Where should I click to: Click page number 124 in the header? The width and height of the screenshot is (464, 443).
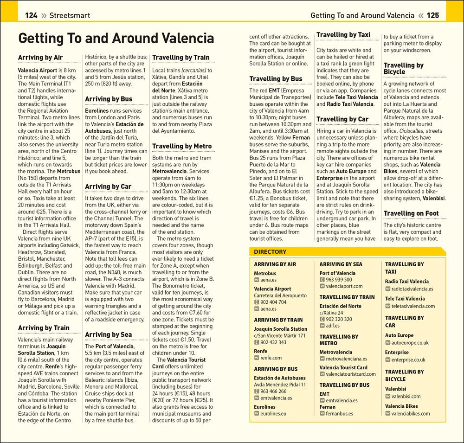(x=31, y=15)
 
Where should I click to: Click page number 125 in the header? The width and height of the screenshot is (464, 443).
(x=432, y=15)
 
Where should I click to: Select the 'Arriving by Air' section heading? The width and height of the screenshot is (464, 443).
(x=40, y=58)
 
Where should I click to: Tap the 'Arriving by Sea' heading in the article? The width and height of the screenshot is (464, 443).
(x=108, y=334)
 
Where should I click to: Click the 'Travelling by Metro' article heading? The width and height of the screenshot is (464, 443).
(x=182, y=146)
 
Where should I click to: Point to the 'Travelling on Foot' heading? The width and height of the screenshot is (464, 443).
(x=411, y=213)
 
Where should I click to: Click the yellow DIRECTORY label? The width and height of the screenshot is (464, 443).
(x=270, y=252)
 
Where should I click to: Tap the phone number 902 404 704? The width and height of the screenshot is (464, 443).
(x=273, y=302)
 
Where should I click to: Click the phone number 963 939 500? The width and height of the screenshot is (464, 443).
(x=339, y=280)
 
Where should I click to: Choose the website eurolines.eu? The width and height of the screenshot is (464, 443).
(x=273, y=413)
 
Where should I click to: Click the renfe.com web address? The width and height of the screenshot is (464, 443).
(x=271, y=358)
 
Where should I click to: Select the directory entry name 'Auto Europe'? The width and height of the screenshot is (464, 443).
(x=399, y=335)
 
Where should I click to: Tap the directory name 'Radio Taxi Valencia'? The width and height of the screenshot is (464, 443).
(x=407, y=282)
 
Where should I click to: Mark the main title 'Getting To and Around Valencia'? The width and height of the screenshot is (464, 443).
(x=116, y=38)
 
